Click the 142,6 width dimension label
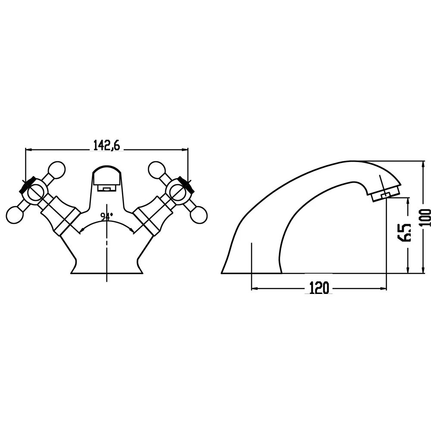106,145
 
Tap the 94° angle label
106,217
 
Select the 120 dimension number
319,288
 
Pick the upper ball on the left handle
56,169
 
